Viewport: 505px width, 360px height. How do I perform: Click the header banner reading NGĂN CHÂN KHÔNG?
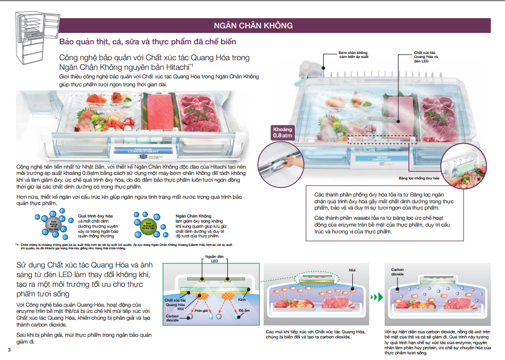253,26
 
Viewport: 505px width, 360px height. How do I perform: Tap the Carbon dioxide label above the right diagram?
397,271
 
